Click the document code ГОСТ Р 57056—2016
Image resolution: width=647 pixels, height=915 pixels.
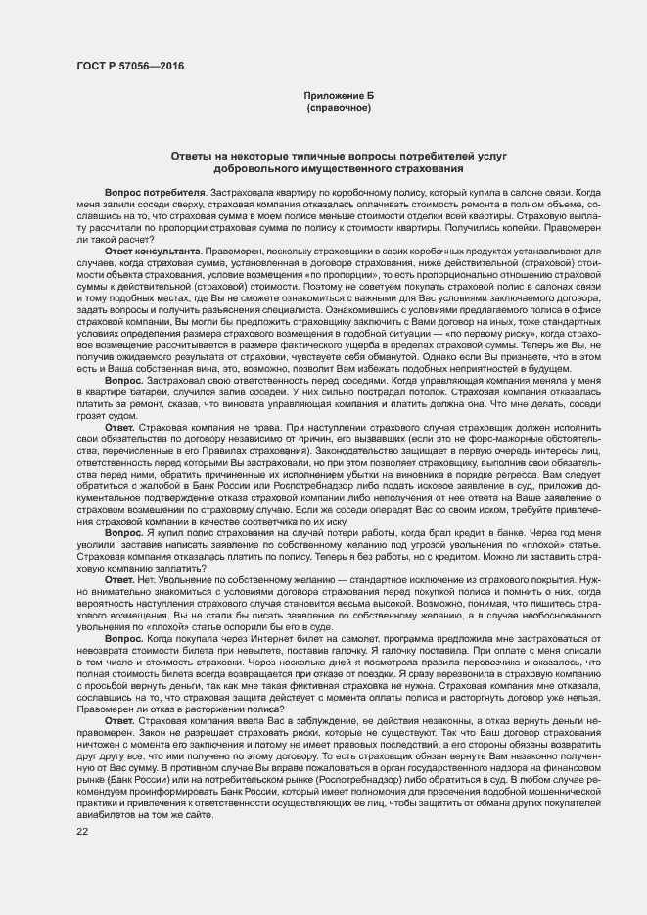tap(130, 66)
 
